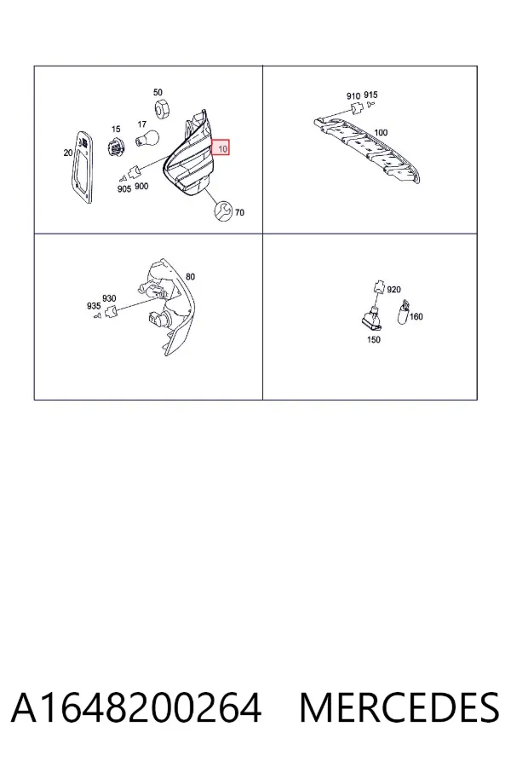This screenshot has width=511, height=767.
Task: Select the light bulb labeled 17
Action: pos(146,138)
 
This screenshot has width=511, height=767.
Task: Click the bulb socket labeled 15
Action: pos(116,146)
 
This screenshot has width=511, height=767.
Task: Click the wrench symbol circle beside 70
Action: pos(224,210)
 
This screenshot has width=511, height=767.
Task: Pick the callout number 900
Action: pos(141,186)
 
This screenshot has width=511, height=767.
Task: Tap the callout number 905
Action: pos(124,189)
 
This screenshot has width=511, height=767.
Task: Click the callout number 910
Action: pos(353,95)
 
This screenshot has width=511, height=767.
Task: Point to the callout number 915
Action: pos(370,95)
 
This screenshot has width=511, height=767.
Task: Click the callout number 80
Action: pos(190,276)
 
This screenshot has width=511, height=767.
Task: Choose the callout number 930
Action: pos(109,298)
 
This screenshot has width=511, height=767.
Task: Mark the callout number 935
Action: pos(94,306)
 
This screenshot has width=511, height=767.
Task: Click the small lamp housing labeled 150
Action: pos(374,319)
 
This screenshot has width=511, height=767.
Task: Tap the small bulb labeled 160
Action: pos(404,312)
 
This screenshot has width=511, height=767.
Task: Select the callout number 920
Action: pos(393,290)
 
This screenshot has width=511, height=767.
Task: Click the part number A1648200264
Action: pos(136,707)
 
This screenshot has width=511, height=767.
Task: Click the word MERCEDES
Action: pos(399,707)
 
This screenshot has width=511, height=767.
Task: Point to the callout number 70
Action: pos(239,212)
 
